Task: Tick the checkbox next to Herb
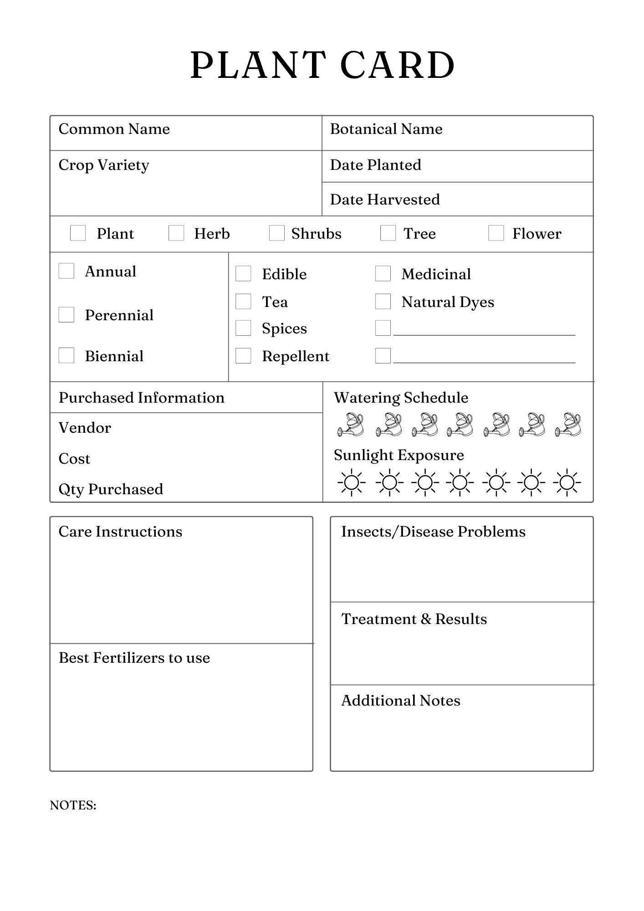click(176, 233)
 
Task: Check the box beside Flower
click(496, 233)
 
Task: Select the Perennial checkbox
click(66, 315)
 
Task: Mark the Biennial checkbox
click(66, 356)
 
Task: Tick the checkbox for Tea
click(243, 302)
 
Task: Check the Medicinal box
click(383, 274)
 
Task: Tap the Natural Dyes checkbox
click(383, 302)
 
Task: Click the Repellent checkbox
click(243, 356)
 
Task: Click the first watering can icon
click(351, 425)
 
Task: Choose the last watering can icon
click(568, 425)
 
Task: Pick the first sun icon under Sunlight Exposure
click(352, 482)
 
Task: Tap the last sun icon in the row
click(567, 482)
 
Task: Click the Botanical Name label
click(386, 129)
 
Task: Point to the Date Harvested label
click(385, 200)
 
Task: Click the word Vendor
click(85, 428)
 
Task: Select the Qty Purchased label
click(111, 489)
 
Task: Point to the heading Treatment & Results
click(414, 619)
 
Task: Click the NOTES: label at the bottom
click(73, 805)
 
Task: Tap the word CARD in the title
click(398, 65)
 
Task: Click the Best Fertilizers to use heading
click(134, 658)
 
